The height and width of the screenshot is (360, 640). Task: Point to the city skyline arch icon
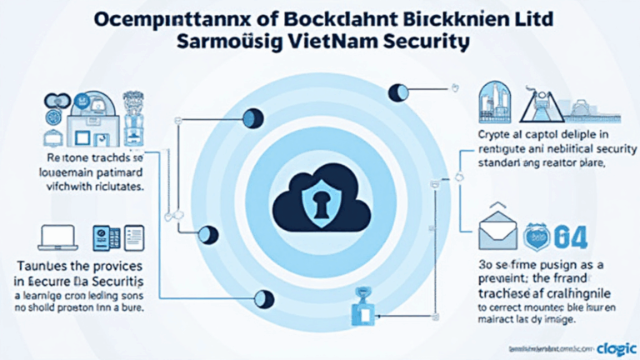click(499, 102)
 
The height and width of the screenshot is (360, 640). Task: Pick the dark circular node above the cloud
click(397, 92)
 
